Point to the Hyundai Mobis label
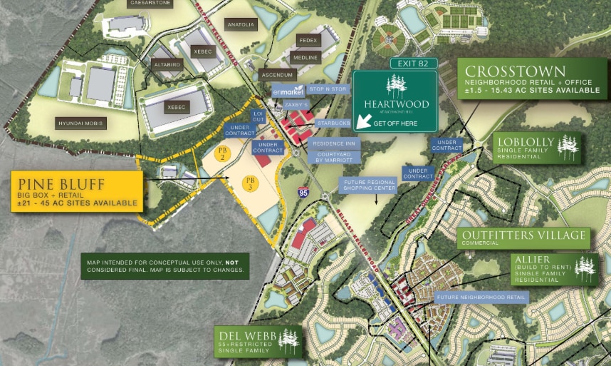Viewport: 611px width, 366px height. point(81,123)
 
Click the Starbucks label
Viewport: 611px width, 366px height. point(333,123)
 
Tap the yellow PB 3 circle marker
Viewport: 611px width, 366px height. point(249,182)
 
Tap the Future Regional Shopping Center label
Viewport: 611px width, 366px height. point(368,185)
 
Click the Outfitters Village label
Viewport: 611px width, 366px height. point(523,235)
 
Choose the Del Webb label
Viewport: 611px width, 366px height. point(244,336)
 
